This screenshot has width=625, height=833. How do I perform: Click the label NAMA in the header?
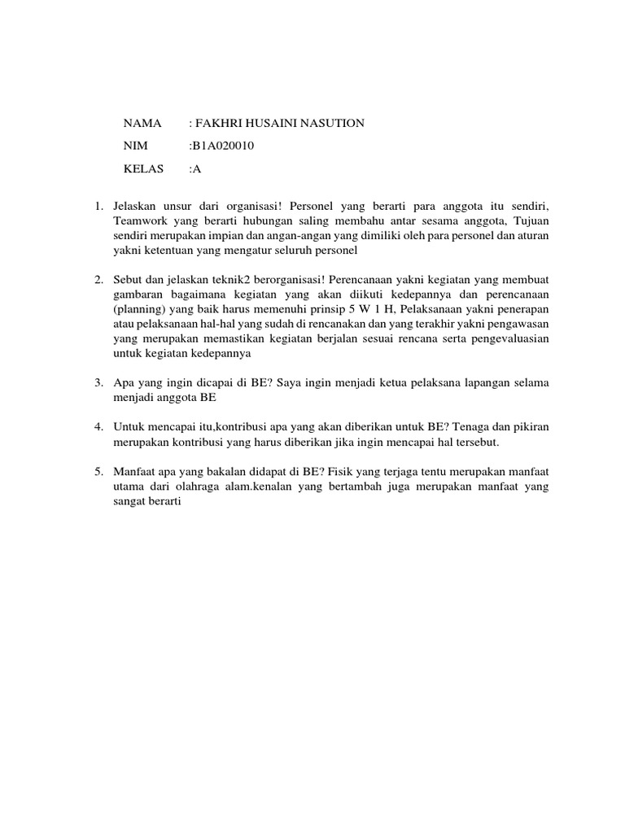click(142, 123)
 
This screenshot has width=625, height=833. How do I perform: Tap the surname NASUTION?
click(330, 123)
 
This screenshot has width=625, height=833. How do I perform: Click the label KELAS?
click(144, 169)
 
